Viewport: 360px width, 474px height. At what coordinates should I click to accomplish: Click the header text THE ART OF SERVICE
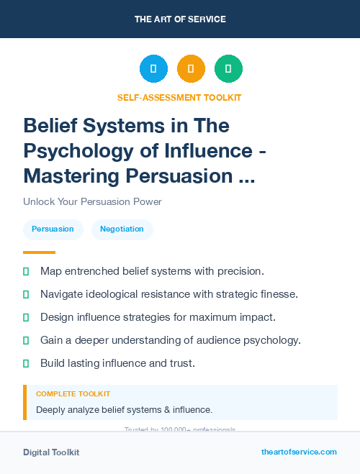180,19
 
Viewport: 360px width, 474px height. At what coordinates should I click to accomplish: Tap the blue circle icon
153,69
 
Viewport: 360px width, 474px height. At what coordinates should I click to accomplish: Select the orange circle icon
191,69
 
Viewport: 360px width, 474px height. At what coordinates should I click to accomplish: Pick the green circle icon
228,69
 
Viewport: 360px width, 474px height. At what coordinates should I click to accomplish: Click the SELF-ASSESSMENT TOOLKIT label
179,97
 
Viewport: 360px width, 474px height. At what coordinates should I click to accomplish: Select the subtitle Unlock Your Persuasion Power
92,201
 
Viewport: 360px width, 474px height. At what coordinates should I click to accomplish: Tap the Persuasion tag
53,229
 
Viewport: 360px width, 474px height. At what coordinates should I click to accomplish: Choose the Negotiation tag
122,229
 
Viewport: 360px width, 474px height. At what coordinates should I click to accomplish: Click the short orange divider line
39,252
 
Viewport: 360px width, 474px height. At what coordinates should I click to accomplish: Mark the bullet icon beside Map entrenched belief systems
26,271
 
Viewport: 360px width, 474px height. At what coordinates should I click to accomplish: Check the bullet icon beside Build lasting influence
26,363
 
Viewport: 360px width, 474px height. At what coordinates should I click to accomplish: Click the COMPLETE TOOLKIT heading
73,394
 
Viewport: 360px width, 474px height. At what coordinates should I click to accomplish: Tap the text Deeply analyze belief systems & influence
124,409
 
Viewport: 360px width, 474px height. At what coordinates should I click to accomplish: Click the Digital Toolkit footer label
51,452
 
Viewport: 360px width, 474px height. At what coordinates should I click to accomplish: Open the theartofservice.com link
299,452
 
